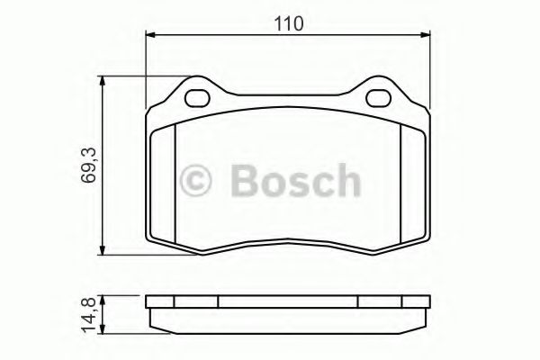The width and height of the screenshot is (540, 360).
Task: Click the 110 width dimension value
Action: pos(289,23)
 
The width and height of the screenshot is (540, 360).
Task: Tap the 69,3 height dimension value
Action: pos(88,165)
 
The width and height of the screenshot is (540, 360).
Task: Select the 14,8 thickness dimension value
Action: pos(88,315)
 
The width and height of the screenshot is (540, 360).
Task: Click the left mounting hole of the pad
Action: pos(197,98)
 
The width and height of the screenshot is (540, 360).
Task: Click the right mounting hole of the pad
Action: pos(379,98)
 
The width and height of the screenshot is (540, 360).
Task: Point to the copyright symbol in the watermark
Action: pos(195,180)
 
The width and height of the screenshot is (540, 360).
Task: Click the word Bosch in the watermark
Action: pos(296,180)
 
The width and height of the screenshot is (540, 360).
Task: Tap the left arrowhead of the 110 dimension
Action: pos(151,34)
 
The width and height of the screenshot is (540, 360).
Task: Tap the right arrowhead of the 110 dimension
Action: pos(425,34)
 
